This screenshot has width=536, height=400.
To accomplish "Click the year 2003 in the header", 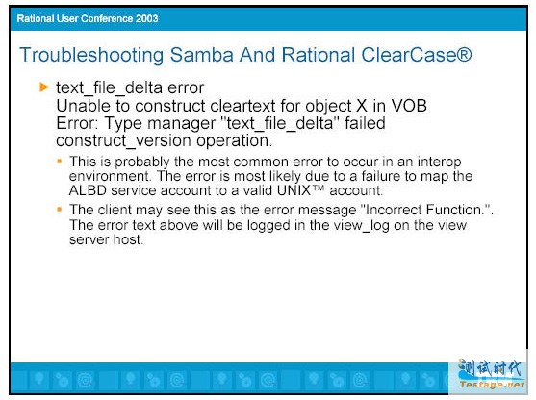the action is click(146, 18).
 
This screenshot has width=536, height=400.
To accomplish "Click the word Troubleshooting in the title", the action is click(91, 56).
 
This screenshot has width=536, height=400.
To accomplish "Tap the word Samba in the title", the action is click(202, 55).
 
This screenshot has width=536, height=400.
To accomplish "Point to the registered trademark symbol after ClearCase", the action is click(464, 54).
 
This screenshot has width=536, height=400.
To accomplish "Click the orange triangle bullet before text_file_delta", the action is click(44, 87).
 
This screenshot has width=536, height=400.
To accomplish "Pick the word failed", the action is click(365, 123).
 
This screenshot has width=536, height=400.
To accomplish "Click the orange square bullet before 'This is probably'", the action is click(60, 161).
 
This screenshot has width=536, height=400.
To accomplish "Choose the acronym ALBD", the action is click(88, 190).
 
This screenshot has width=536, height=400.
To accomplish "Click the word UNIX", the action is click(294, 190).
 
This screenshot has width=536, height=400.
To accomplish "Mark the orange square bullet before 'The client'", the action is click(60, 209).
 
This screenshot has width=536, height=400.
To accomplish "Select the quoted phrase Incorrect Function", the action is click(426, 210).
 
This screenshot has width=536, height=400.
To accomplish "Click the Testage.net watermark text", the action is click(492, 385).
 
